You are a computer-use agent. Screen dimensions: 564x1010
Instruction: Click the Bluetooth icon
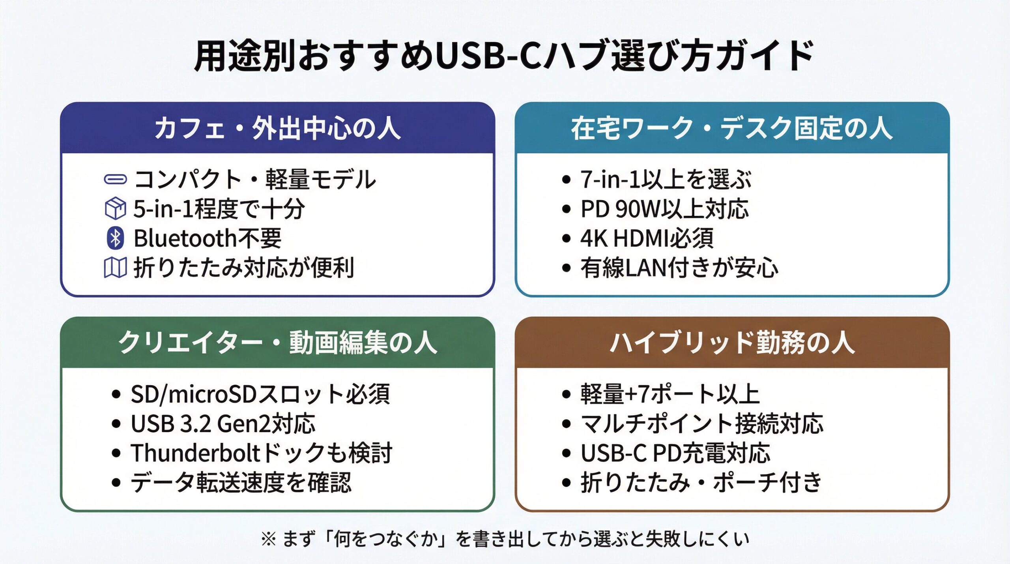pos(115,238)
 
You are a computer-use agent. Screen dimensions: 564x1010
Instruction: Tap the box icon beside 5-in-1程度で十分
pos(115,208)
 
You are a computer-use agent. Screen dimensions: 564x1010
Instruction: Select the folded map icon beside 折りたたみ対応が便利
pos(115,268)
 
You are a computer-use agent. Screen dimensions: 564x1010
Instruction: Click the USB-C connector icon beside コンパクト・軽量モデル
pos(115,180)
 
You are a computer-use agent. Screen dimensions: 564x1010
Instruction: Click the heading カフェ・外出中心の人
pos(277,129)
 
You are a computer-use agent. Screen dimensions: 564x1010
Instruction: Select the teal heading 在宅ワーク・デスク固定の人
pos(732,129)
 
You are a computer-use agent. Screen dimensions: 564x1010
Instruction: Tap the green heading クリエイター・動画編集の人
pos(277,343)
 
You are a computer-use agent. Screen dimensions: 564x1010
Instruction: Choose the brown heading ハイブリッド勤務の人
pos(732,343)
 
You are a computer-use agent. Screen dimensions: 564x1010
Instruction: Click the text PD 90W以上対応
pos(664,209)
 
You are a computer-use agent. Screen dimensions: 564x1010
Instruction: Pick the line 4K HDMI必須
pos(647,238)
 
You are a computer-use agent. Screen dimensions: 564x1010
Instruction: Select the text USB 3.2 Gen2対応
pos(223,423)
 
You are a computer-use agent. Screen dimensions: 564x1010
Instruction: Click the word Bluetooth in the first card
pos(185,239)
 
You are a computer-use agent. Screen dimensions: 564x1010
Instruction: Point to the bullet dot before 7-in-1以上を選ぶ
pos(566,180)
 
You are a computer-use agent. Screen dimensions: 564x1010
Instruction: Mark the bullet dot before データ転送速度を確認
pos(116,482)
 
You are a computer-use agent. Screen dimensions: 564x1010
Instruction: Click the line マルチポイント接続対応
pos(702,423)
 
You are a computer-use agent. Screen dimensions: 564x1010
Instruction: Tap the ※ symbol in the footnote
pos(268,539)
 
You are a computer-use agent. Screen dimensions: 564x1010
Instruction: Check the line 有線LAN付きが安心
pos(679,268)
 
